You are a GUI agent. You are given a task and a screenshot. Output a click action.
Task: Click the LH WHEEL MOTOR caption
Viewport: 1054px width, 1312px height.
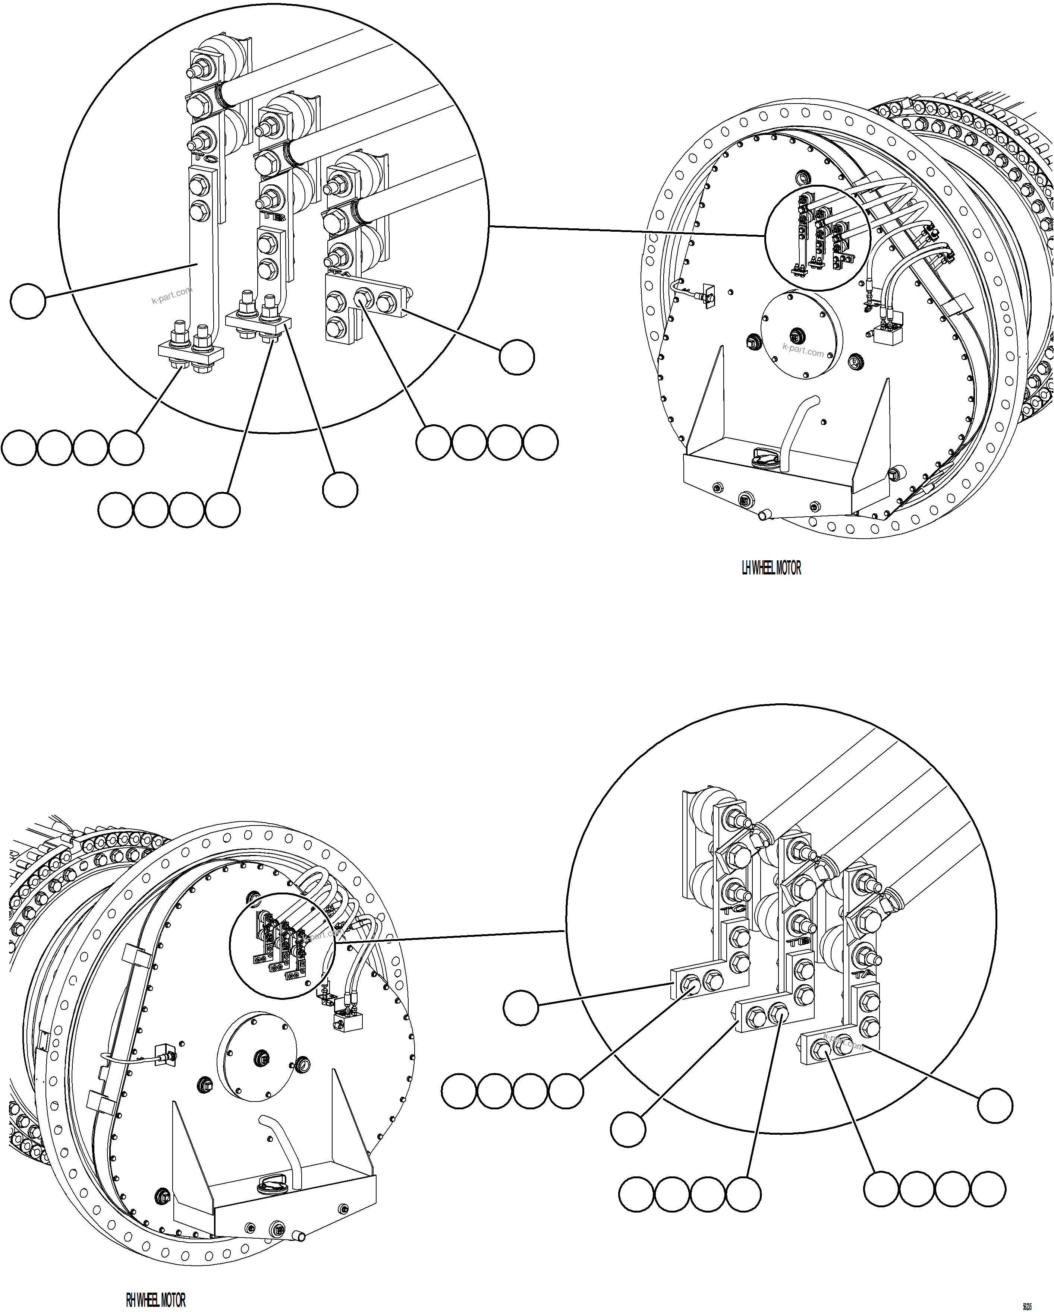point(771,568)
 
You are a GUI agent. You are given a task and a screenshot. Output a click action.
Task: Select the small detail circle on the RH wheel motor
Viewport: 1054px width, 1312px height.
point(282,946)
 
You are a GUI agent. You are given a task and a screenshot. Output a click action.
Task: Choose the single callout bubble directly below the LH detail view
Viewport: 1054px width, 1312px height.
point(340,489)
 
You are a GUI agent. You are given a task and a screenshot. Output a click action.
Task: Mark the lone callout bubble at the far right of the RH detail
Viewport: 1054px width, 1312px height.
point(995,1106)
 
